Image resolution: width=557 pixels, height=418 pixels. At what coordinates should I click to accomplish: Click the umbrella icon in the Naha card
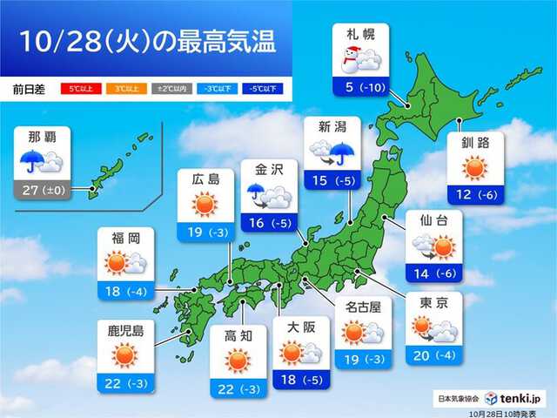32,162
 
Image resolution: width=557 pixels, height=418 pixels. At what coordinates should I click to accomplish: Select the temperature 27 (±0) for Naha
41,186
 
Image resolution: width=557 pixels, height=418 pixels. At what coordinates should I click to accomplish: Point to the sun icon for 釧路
475,167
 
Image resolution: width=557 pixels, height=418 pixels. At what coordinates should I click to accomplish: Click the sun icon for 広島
206,205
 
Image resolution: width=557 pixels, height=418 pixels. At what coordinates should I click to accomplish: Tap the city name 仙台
432,219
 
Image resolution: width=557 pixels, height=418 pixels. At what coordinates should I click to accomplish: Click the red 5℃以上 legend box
78,88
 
